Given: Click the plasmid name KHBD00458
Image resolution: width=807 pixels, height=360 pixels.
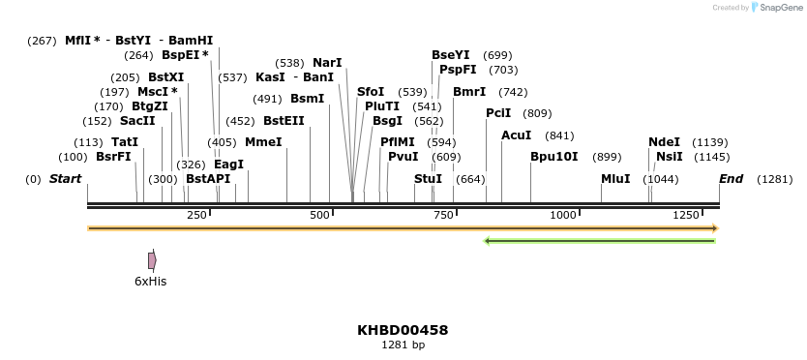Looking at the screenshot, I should click(403, 330).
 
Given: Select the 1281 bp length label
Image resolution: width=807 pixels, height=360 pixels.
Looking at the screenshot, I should click(403, 345).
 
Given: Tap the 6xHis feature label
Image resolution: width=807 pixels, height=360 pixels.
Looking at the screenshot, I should click(150, 281).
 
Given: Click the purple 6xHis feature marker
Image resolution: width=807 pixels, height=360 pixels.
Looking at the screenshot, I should click(152, 260).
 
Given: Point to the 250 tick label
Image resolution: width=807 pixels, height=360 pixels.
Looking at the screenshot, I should click(196, 215).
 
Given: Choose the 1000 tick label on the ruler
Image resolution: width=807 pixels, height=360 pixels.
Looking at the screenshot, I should click(563, 215).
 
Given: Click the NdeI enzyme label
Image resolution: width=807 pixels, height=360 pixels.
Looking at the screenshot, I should click(664, 142).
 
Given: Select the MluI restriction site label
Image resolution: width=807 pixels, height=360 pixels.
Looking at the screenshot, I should click(615, 179).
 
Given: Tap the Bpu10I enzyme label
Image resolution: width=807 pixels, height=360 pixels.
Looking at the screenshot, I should click(553, 157).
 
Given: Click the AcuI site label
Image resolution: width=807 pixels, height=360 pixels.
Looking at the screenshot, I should click(516, 135).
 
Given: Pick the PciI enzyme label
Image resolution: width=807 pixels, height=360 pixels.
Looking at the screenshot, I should click(498, 113).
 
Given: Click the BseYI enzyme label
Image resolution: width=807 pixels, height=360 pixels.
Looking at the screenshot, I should click(451, 55).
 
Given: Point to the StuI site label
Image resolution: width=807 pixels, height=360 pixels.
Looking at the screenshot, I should click(428, 179).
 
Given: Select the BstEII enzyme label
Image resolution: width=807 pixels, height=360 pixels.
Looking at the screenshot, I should click(284, 121).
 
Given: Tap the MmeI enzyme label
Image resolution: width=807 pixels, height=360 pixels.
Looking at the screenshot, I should click(263, 142).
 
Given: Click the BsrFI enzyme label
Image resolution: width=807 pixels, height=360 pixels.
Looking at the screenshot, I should click(113, 157).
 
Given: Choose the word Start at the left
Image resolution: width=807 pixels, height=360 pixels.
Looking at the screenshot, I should click(65, 179).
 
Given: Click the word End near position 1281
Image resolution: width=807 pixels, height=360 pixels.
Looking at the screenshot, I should click(731, 179).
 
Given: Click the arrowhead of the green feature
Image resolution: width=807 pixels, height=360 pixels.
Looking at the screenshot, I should click(488, 240).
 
